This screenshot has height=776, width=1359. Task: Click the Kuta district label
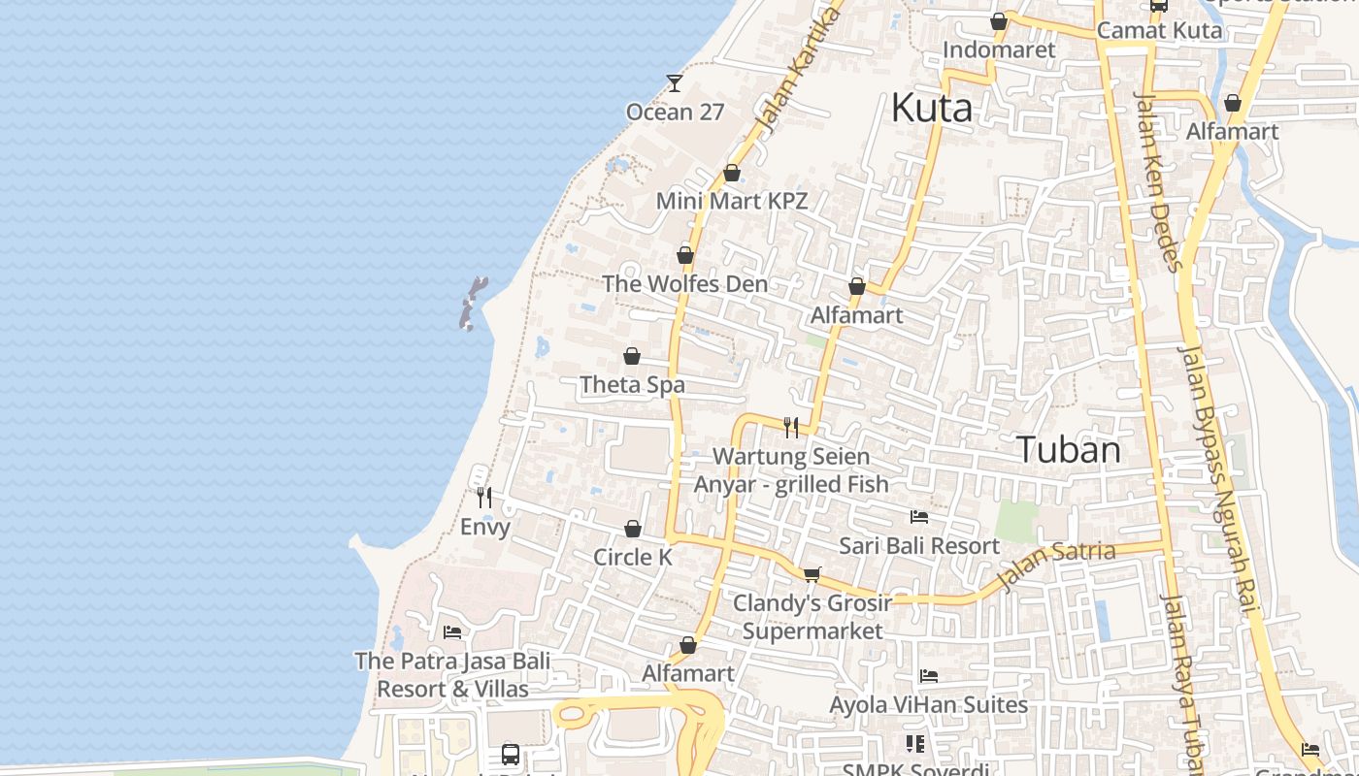click(932, 108)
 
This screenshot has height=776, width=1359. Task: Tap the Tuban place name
click(1069, 450)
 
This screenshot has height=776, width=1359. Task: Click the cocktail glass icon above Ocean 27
click(675, 82)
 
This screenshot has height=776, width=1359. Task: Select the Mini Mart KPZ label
click(732, 201)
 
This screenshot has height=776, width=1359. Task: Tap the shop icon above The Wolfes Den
click(685, 255)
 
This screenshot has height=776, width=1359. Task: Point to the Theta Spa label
click(632, 385)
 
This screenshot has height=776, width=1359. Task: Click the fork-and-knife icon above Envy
click(484, 498)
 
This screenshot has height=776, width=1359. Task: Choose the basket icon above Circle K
click(633, 529)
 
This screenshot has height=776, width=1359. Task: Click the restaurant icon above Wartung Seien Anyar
click(791, 427)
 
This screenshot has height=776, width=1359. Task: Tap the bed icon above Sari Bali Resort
click(919, 517)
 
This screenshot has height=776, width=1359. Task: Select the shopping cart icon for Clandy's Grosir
click(812, 574)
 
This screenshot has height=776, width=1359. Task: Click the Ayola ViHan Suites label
click(928, 704)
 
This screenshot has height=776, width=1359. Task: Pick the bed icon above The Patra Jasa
click(452, 632)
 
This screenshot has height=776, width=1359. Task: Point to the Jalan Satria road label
click(1056, 566)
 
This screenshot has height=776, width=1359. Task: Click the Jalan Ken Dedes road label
click(1158, 181)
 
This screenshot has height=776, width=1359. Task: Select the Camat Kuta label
click(1159, 30)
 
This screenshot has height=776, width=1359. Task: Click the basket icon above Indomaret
click(999, 21)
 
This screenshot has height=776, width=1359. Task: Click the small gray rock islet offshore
click(472, 303)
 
